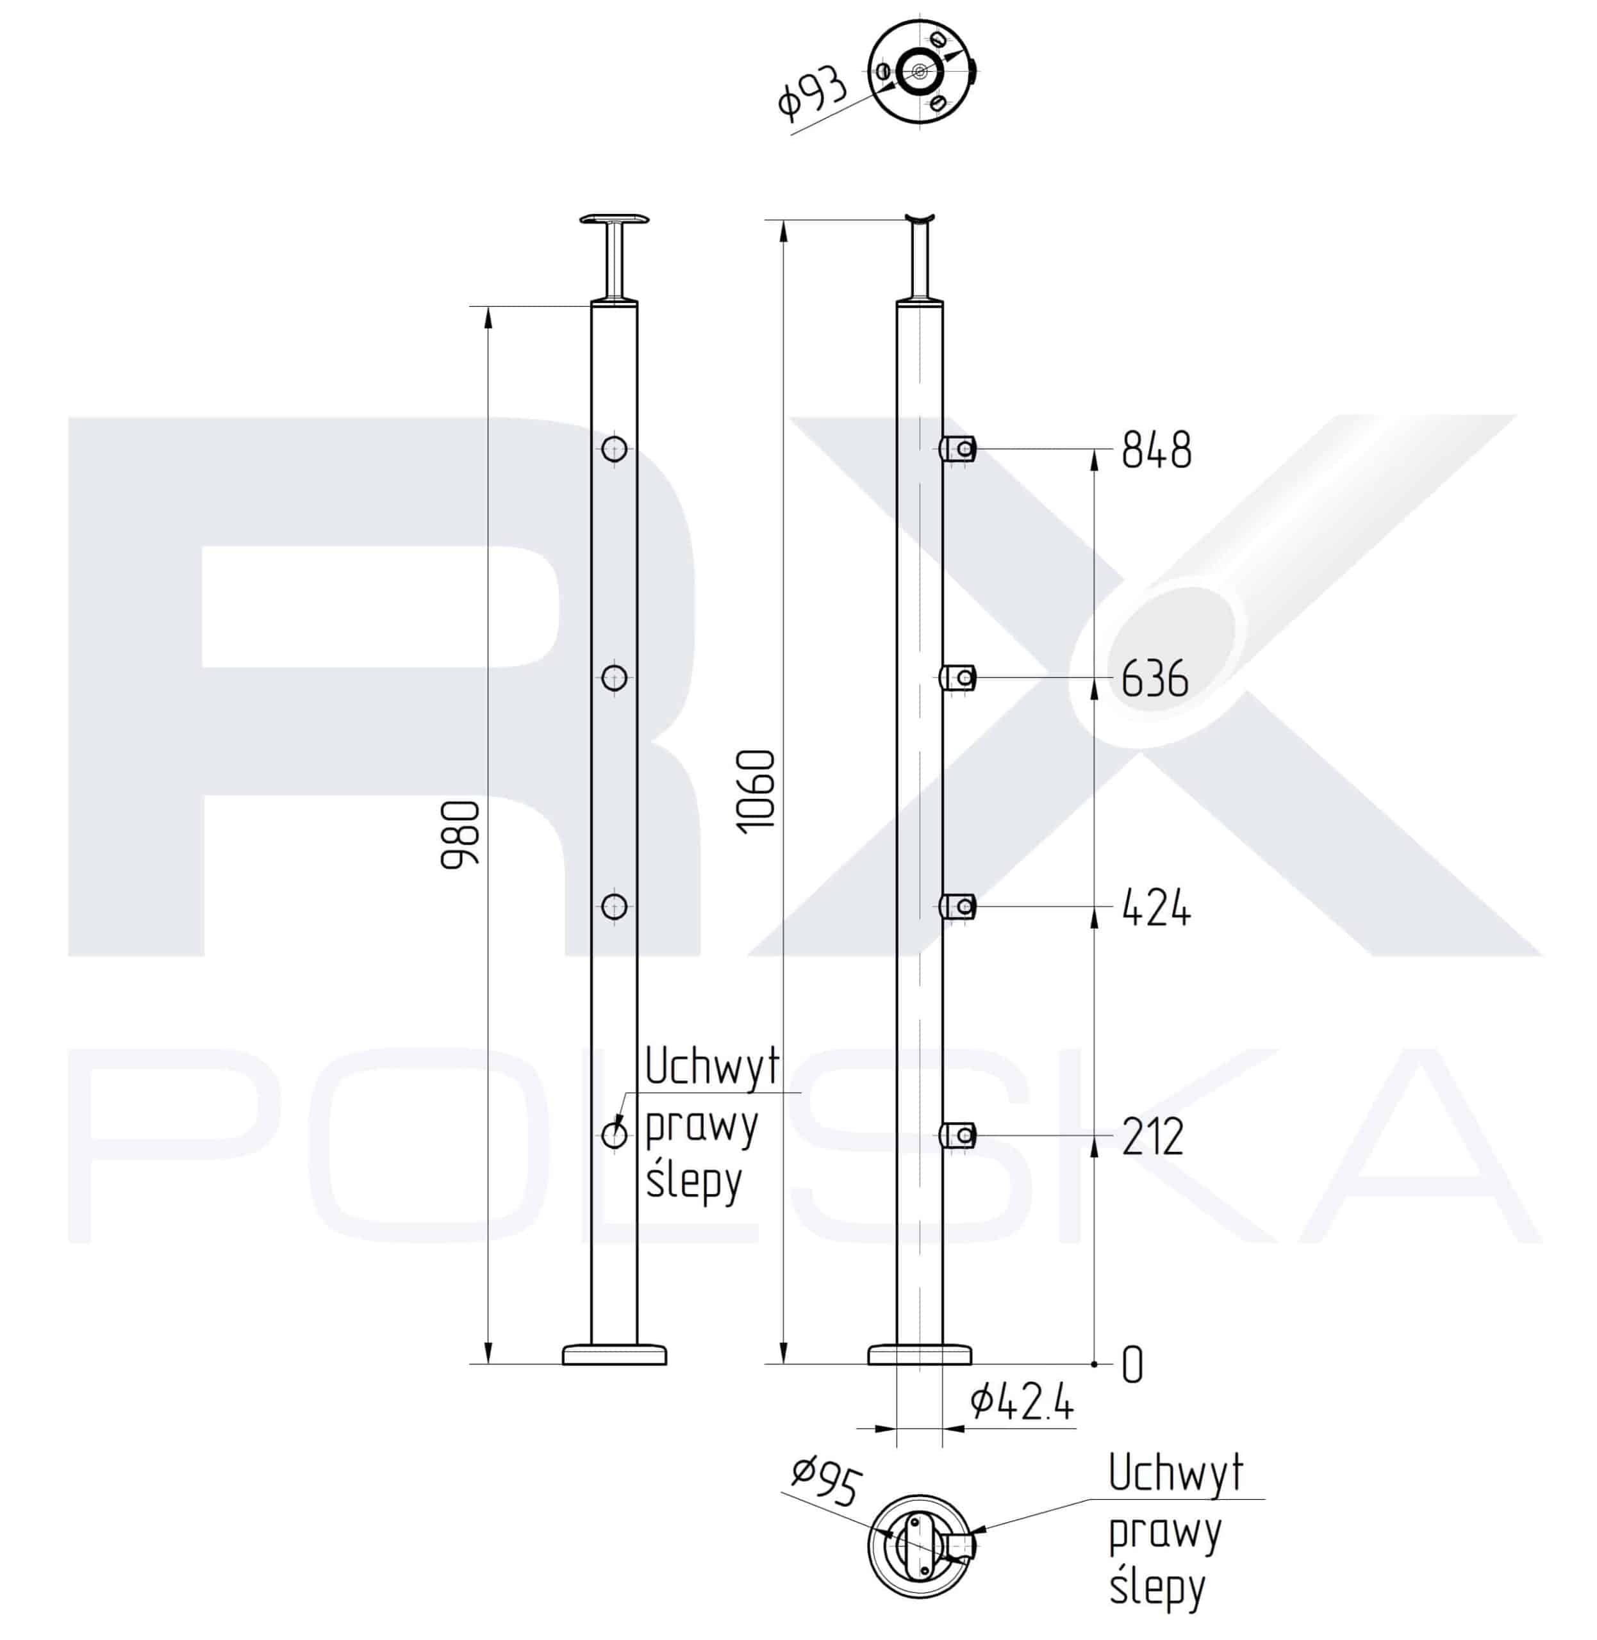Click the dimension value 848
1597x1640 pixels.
pyautogui.click(x=1157, y=450)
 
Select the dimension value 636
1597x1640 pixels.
pyautogui.click(x=1155, y=678)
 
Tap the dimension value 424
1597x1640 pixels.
pyautogui.click(x=1157, y=907)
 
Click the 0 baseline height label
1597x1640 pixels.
pyautogui.click(x=1132, y=1366)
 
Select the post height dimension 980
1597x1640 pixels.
pyautogui.click(x=461, y=834)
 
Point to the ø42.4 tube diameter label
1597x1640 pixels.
pyautogui.click(x=1022, y=1404)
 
